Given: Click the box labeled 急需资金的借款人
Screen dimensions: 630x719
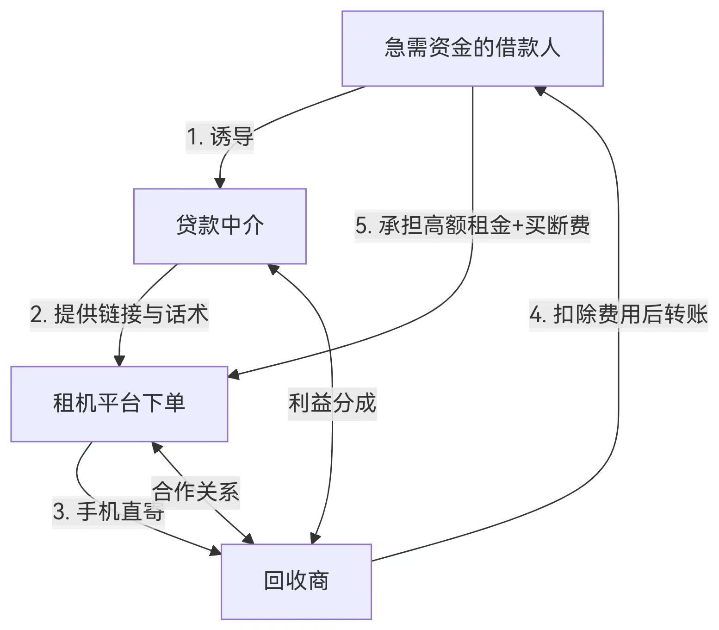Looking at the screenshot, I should click(472, 48).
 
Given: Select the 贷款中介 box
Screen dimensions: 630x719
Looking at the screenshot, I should click(220, 226).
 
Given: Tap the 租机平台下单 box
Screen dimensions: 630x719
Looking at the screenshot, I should click(119, 404).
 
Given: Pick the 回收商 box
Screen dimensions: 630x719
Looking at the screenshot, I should click(296, 581).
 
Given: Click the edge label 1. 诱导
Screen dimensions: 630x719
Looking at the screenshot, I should click(220, 137).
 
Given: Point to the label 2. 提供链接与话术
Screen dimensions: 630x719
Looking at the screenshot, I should click(119, 314).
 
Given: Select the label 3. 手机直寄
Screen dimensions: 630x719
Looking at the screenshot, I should click(108, 511).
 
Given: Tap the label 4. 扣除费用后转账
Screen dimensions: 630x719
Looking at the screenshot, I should click(618, 315).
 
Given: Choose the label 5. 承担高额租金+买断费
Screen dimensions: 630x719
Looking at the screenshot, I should click(472, 226).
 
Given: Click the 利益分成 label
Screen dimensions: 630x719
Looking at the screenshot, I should click(332, 403).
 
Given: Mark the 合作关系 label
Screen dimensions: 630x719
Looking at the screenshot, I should click(195, 492).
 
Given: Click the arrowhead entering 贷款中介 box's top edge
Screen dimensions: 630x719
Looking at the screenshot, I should click(220, 183).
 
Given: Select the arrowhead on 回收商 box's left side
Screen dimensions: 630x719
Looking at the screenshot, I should click(215, 551).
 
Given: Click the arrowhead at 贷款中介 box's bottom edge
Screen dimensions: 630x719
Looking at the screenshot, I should click(273, 268).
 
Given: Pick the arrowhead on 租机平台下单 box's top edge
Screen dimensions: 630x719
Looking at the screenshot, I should click(119, 361).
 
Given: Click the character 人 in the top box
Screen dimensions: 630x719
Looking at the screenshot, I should click(550, 48).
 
